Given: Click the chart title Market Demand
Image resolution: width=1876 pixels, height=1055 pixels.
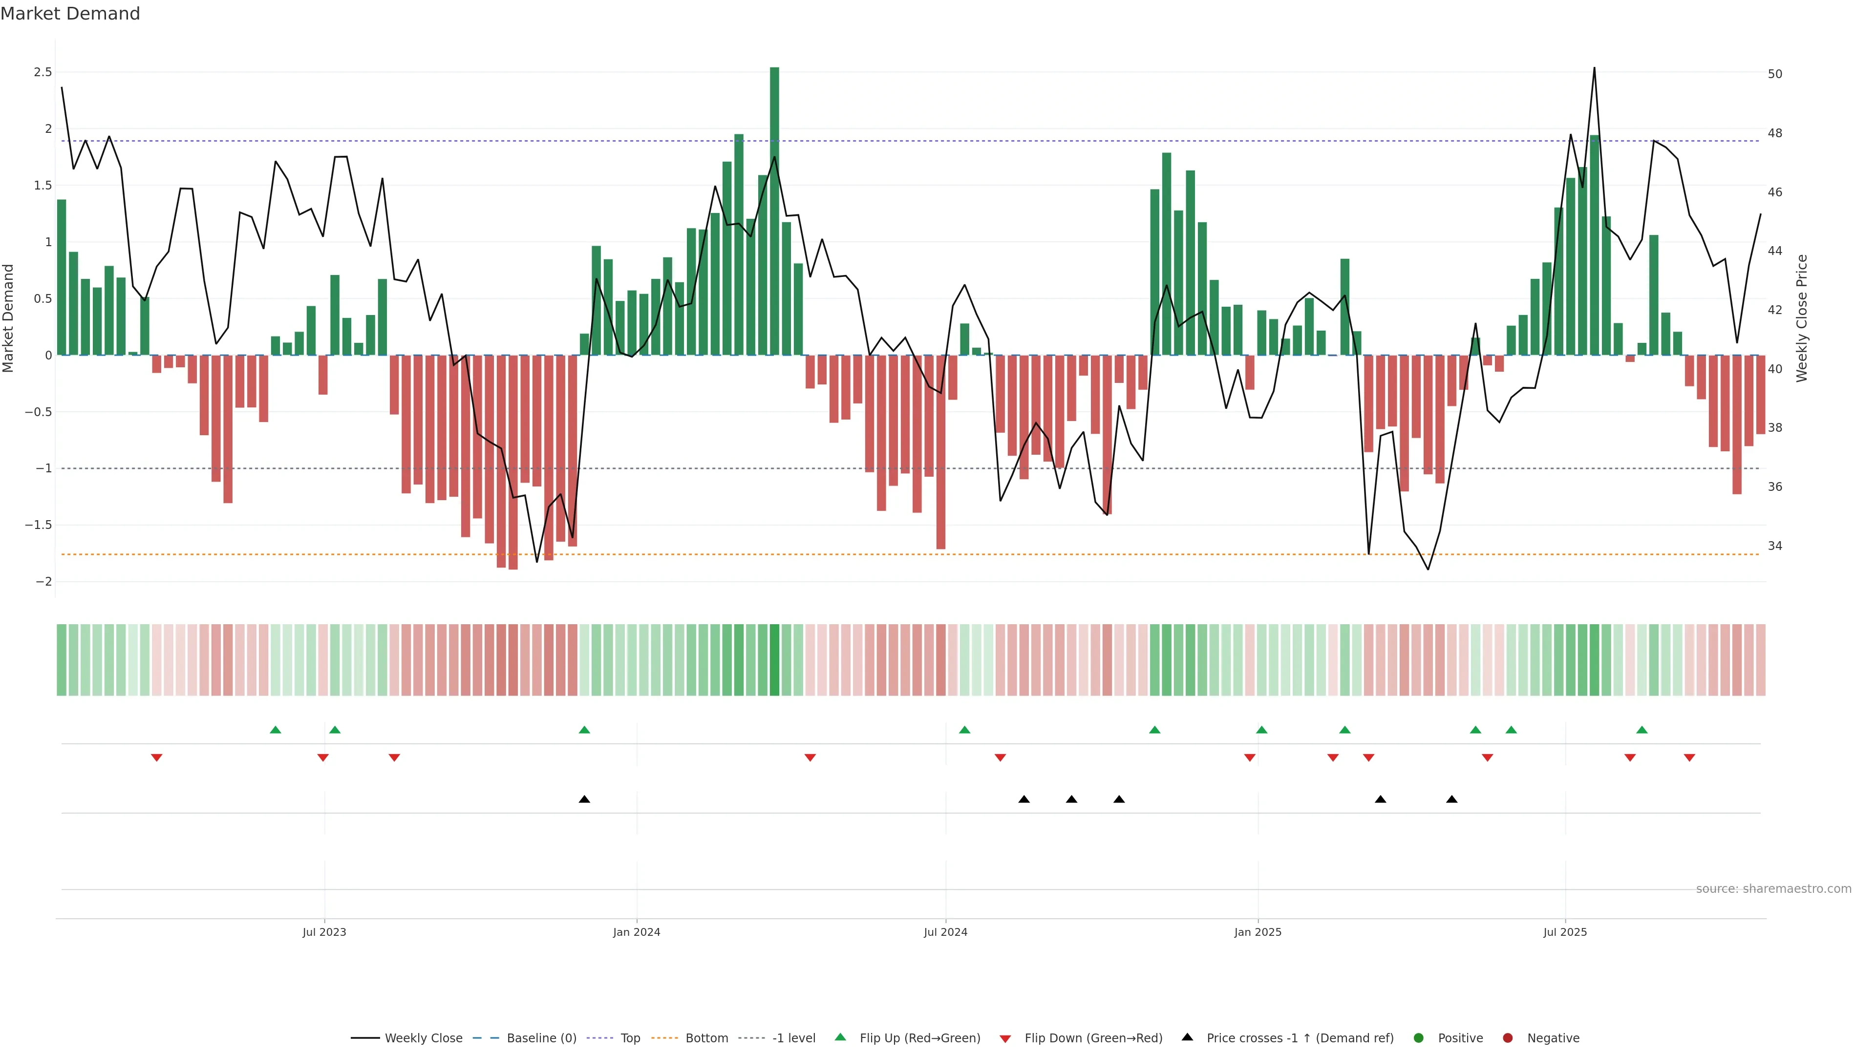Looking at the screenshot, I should (70, 14).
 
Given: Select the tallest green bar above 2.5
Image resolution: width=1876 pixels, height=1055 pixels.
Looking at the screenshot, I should (774, 211).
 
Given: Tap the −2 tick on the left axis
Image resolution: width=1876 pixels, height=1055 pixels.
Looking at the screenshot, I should (43, 582).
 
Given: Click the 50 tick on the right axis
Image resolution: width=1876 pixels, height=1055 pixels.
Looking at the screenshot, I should (1775, 74).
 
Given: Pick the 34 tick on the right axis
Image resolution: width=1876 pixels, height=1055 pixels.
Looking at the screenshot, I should (1775, 546).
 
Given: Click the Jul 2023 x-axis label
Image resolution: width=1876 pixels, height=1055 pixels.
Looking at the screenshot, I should (324, 932).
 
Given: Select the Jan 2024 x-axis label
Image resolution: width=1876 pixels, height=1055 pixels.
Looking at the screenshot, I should (637, 932).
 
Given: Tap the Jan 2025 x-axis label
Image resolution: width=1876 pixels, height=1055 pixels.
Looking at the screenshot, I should (1258, 932).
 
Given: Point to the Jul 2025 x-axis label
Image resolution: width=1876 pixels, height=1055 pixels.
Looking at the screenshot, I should (1565, 932).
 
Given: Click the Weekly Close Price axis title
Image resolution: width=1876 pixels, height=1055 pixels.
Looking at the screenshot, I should (1802, 318).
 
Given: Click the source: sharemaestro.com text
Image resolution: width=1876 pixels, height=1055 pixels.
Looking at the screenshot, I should (1773, 889).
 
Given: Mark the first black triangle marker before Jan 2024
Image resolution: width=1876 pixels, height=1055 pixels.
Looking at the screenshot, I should (584, 800).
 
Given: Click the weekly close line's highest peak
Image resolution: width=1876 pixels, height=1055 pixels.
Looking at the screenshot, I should (1594, 68).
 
